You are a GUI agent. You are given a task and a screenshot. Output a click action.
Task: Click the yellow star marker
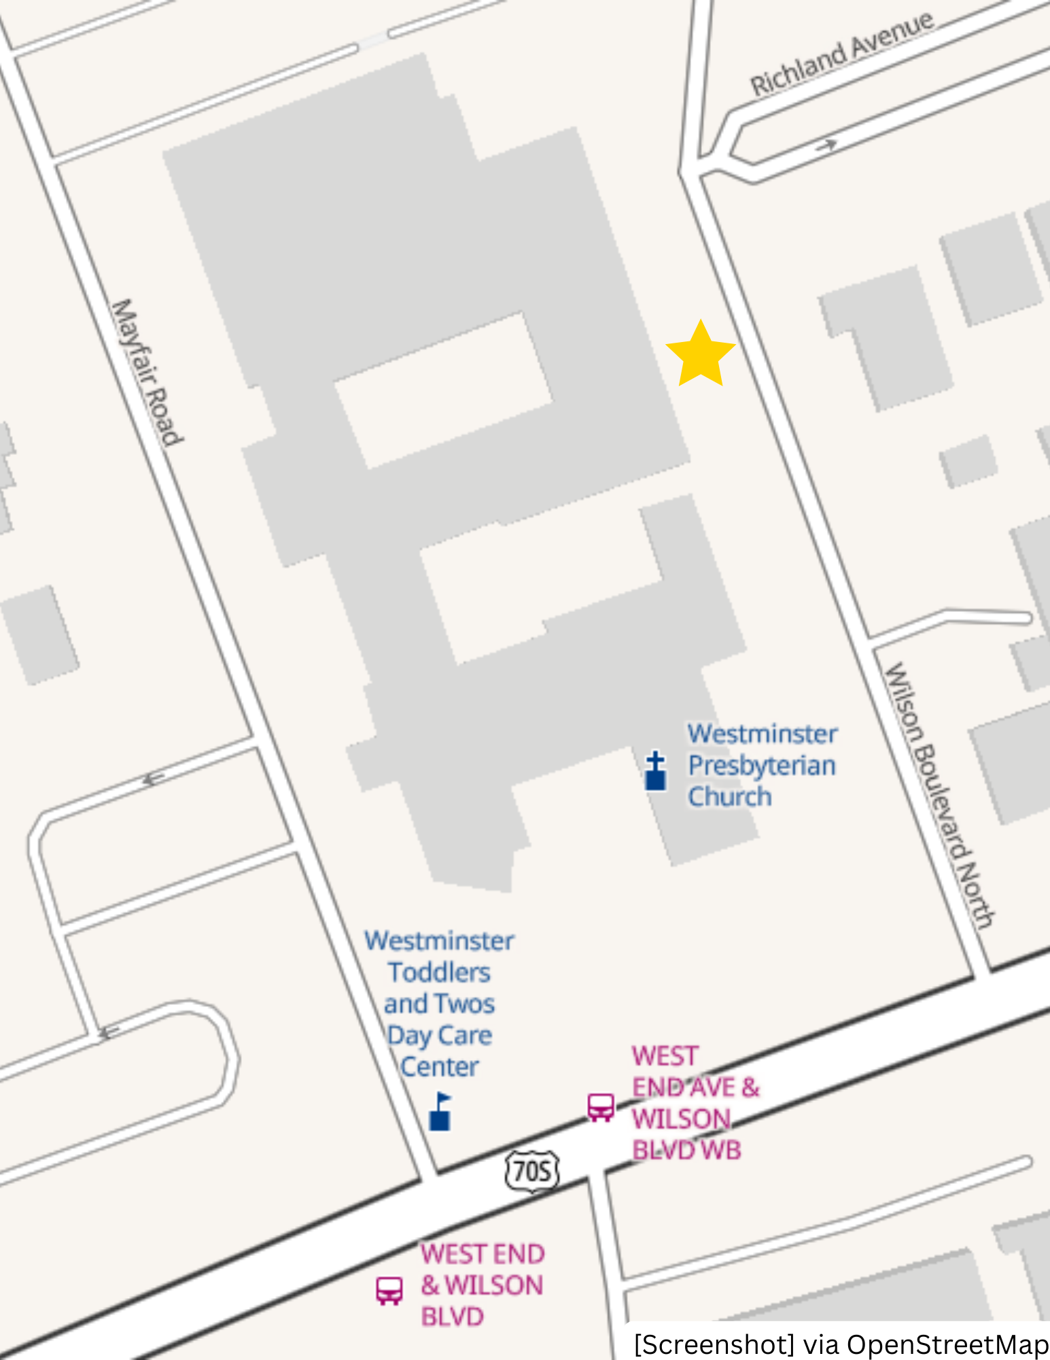(700, 354)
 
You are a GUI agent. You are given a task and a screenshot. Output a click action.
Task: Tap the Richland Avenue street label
(841, 54)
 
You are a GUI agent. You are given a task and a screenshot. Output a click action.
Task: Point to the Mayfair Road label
(147, 373)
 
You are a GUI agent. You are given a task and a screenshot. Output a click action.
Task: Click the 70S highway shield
(532, 1171)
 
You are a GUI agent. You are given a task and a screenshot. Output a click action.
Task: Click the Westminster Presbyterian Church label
(762, 765)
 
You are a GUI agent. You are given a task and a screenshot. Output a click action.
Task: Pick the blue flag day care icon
(440, 1111)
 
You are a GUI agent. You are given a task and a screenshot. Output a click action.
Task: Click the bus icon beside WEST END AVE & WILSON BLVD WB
(601, 1108)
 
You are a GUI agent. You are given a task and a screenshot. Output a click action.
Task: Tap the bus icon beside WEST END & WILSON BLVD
(389, 1290)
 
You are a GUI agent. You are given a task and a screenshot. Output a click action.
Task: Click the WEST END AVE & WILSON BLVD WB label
(693, 1103)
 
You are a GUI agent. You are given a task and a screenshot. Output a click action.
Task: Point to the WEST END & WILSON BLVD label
(482, 1285)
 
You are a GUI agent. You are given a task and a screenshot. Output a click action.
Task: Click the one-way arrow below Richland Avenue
(827, 145)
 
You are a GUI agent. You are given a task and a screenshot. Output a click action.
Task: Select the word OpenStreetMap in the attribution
(947, 1344)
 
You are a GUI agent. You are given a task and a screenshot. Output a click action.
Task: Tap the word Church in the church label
(730, 796)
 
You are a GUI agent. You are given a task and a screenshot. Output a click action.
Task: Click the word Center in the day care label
(439, 1066)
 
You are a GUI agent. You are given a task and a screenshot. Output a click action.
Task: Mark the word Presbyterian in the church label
(762, 765)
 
